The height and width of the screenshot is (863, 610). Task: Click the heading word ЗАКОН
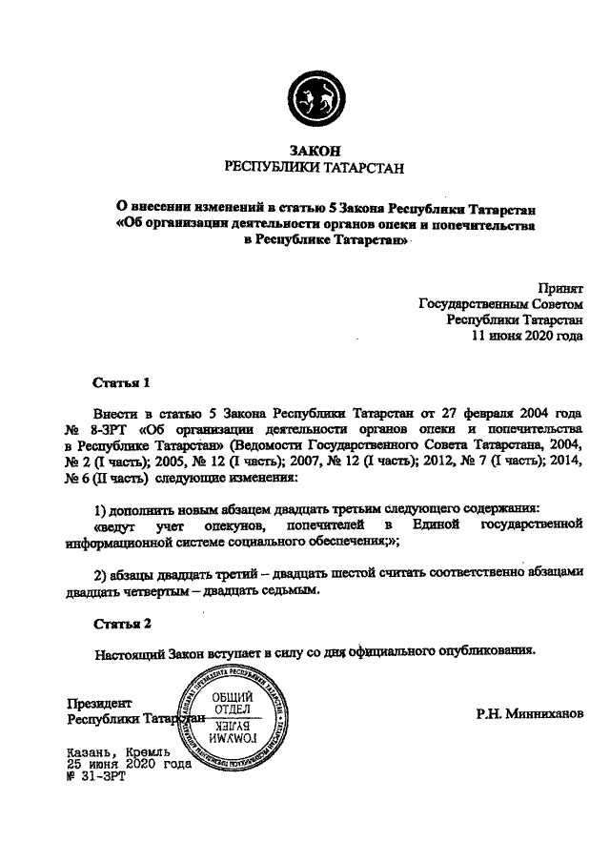313,151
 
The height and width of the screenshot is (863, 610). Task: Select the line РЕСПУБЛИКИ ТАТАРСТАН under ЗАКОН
313,168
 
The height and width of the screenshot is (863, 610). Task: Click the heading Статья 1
122,384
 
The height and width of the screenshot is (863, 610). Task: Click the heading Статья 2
122,626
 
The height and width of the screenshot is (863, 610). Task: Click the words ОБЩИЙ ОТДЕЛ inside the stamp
231,703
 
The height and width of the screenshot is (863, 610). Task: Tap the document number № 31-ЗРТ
95,776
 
